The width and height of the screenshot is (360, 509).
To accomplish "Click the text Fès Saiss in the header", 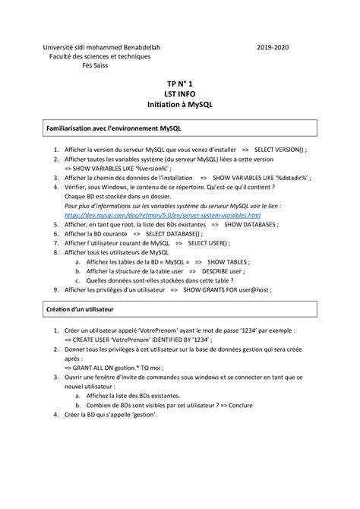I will (x=95, y=65).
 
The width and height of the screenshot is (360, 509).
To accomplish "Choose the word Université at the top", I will (x=59, y=47).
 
